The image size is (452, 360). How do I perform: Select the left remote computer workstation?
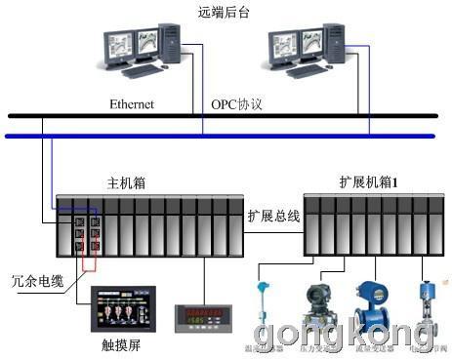(143, 53)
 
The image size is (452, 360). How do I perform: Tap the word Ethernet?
(132, 102)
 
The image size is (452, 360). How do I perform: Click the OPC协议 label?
(237, 102)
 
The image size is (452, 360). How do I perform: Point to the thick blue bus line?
(225, 136)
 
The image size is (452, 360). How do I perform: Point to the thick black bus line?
(225, 117)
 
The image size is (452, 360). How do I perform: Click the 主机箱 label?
(125, 183)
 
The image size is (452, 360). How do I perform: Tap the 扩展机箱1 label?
(362, 183)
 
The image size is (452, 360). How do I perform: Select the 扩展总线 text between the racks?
(273, 216)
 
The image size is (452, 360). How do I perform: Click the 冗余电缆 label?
(31, 279)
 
